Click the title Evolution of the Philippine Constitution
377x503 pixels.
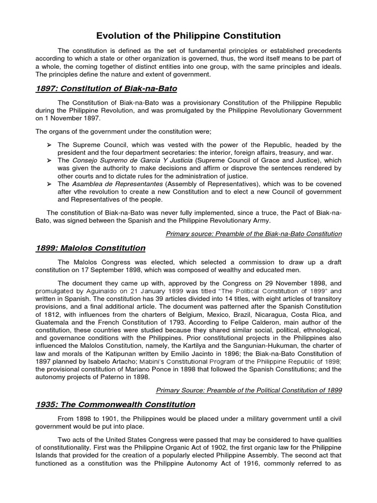coord(188,36)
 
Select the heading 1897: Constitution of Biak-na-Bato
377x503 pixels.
coord(106,88)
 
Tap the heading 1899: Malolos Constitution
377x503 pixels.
coord(90,248)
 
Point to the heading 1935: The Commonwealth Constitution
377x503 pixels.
coord(115,405)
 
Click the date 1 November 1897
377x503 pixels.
coord(73,118)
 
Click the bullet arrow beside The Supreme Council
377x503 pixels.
coord(49,145)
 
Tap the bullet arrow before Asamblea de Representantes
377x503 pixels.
coord(49,184)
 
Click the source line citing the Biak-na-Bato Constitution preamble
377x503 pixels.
coord(254,234)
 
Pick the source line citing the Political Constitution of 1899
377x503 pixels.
coord(249,391)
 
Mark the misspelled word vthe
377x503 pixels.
coord(80,192)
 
